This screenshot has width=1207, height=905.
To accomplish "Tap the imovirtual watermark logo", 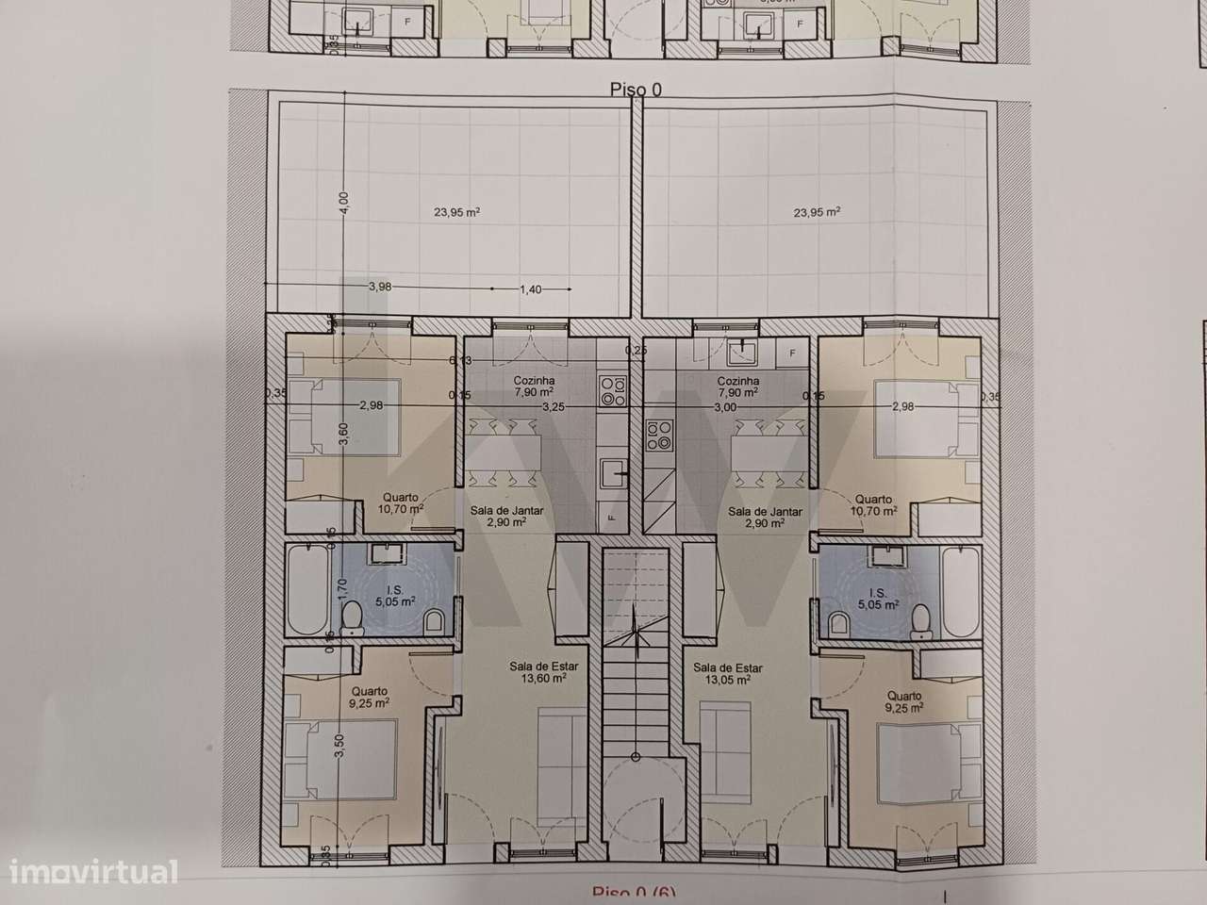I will tap(89, 871).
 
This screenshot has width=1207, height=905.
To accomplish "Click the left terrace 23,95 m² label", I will tap(457, 213).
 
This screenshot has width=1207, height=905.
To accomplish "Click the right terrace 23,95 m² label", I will tap(818, 213).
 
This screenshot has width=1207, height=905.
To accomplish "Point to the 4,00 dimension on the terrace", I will tap(344, 202).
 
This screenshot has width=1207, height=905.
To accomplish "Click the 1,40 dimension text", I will tap(531, 289).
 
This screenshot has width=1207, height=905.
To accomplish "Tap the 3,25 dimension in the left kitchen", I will tap(554, 407).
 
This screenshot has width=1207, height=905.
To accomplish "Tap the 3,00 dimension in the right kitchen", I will tap(724, 407).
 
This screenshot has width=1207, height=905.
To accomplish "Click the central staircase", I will tap(636, 650).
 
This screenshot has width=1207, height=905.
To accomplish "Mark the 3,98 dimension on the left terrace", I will tap(380, 287).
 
